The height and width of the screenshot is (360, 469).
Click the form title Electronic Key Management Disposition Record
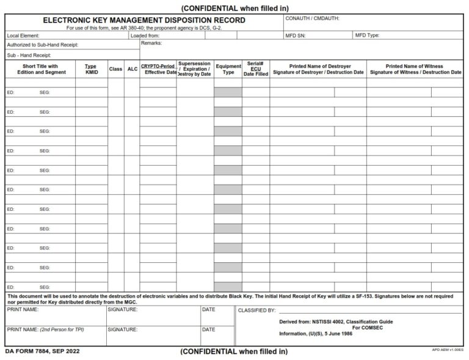click(144, 20)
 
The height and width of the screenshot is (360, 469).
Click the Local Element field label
click(23, 35)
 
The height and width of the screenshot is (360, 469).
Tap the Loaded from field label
click(145, 35)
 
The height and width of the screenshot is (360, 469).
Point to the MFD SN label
click(296, 35)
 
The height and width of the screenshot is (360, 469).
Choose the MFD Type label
click(367, 35)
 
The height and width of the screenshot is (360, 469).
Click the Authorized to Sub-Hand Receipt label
click(43, 45)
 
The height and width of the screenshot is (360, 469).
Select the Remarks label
click(151, 44)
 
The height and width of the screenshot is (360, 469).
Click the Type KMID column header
click(91, 69)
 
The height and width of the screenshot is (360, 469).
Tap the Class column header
click(115, 69)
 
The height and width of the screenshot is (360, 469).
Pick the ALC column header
click(132, 69)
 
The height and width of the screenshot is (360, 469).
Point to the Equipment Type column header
click(228, 69)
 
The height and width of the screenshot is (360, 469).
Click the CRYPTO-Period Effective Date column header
click(158, 69)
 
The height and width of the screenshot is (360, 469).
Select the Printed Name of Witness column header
click(415, 69)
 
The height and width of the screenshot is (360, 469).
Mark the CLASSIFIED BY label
click(256, 310)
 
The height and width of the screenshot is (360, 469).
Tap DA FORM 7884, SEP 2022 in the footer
click(42, 351)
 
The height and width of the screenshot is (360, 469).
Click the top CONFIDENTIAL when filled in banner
click(234, 7)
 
